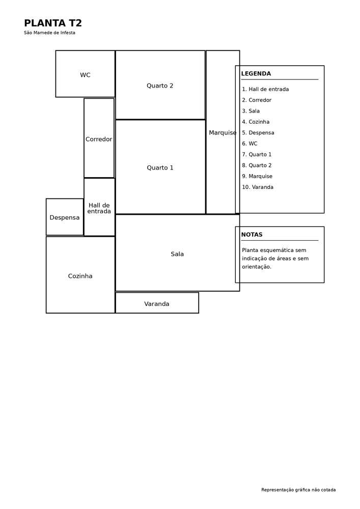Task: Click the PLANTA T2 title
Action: pos(53,23)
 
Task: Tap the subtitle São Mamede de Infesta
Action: pos(50,33)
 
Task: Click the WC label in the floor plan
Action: pos(85,75)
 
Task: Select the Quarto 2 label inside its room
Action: pos(160,86)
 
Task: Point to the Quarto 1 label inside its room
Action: pos(160,168)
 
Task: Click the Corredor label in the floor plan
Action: pos(99,139)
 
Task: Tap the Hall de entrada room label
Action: pos(99,208)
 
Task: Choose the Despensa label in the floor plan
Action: pos(65,217)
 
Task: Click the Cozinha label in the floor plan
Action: pos(80,276)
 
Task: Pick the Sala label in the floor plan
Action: pos(177,254)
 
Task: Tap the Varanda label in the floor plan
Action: pos(157,304)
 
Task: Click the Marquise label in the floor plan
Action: pos(223,133)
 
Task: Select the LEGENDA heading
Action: pos(256,74)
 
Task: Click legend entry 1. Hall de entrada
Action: pos(265,89)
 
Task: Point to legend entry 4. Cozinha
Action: pos(256,122)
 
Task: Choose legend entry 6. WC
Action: pos(250,144)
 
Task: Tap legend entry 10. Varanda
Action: pos(258,187)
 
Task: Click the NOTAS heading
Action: pos(252,235)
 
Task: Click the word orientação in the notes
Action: pos(257,267)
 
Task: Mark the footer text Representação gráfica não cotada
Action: pos(298,490)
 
